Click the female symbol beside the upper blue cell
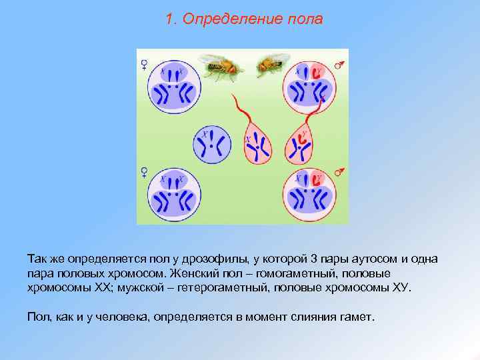(143, 65)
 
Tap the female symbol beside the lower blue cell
(143, 172)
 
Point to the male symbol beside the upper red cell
(339, 65)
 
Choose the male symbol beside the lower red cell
(339, 173)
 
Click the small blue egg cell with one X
(212, 143)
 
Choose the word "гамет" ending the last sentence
(359, 316)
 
